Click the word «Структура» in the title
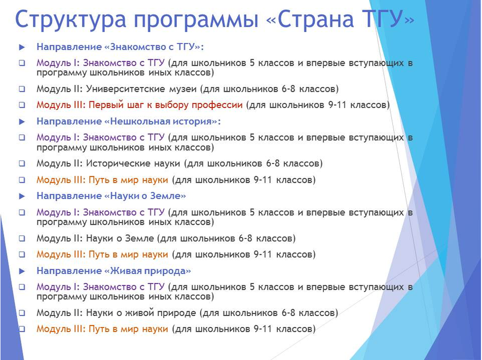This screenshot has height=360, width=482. pos(70,20)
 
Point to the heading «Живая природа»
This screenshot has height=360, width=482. pos(147,271)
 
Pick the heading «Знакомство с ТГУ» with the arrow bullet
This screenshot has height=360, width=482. pos(154,47)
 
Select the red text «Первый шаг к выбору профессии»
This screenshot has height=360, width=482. pos(165,105)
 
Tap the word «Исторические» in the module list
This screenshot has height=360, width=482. pos(133,164)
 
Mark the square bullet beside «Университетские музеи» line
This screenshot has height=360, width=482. pos(22,89)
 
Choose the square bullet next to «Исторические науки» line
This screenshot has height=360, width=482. pos(22,164)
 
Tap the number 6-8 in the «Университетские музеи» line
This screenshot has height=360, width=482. pos(289,89)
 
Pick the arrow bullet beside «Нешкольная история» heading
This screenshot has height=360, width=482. pos(22,122)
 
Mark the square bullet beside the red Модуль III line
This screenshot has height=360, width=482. pos(22,105)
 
